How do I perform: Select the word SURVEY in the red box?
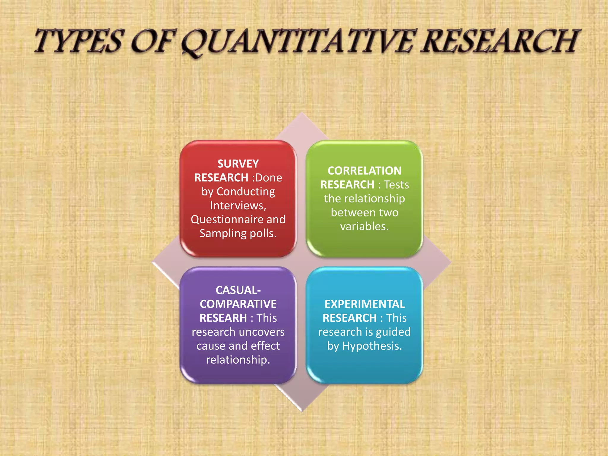(x=238, y=164)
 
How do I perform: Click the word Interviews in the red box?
(x=237, y=205)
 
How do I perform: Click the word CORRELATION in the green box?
(x=365, y=171)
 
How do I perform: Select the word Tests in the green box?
(x=396, y=185)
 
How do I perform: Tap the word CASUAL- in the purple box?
(x=238, y=290)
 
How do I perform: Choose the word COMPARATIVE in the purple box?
(x=238, y=304)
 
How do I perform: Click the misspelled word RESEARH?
(x=223, y=318)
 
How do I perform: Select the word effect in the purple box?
(x=265, y=346)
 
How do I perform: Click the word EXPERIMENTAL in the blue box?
(x=365, y=304)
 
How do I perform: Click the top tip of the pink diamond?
(x=302, y=113)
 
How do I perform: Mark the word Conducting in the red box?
(x=246, y=192)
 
